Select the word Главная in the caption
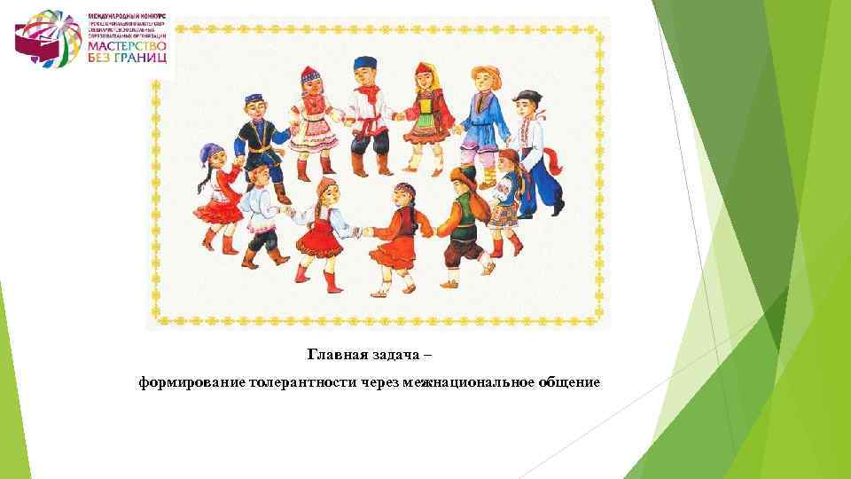click(x=338, y=355)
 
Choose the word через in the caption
click(x=379, y=382)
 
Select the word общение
click(x=566, y=382)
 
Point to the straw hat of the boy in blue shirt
click(x=485, y=74)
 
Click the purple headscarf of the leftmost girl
click(x=212, y=153)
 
